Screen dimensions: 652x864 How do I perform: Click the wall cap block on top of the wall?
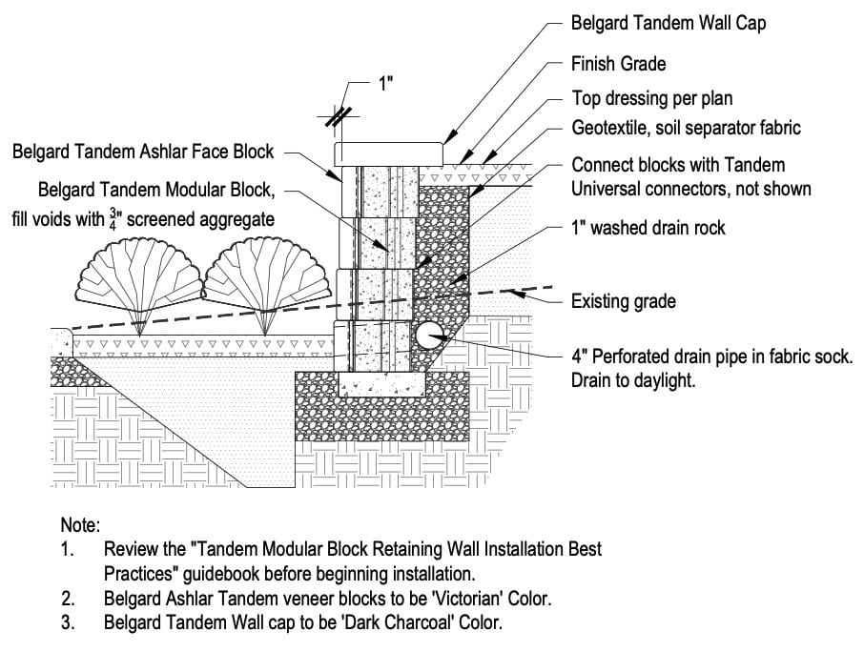pyautogui.click(x=389, y=153)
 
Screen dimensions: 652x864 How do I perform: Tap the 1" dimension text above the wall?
pyautogui.click(x=386, y=84)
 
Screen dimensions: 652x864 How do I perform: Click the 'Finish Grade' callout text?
pyautogui.click(x=618, y=65)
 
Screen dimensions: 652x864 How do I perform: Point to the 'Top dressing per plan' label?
pyautogui.click(x=652, y=98)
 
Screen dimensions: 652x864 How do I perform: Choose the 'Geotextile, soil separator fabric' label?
pyautogui.click(x=686, y=127)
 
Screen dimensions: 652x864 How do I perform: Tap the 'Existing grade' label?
pyautogui.click(x=623, y=302)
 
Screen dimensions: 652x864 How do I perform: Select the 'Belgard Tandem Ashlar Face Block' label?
pyautogui.click(x=143, y=151)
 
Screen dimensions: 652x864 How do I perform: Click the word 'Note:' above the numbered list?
pyautogui.click(x=80, y=525)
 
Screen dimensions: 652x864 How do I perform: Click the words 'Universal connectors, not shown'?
pyautogui.click(x=690, y=189)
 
